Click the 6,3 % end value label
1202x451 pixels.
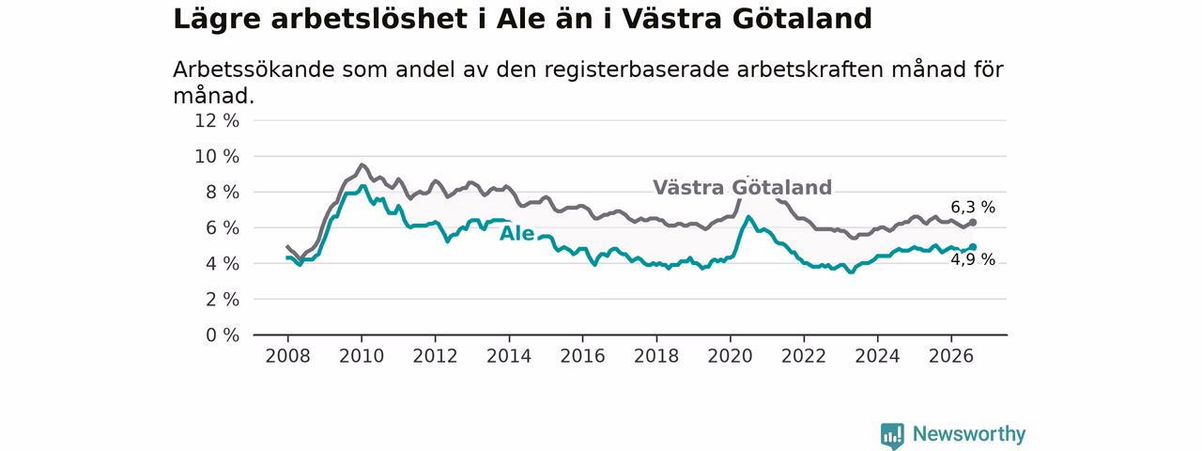point(972,208)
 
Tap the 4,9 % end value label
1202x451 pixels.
point(972,260)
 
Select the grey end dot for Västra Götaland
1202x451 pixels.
point(972,223)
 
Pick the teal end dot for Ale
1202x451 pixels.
point(972,247)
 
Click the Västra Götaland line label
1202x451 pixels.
point(742,187)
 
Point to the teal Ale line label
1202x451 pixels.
point(516,234)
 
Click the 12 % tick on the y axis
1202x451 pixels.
point(217,121)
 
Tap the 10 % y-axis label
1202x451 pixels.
point(217,157)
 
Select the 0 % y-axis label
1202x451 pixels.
point(223,335)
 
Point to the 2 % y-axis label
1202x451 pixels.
point(223,300)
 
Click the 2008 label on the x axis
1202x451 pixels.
point(287,356)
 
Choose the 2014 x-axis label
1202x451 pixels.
point(509,356)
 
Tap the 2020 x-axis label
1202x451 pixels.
point(730,356)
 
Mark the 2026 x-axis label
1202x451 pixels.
point(951,356)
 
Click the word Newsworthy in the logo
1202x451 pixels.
point(969,434)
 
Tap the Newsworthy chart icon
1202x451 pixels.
point(892,435)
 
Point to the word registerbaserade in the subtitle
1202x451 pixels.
point(637,70)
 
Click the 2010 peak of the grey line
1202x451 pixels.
point(362,164)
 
